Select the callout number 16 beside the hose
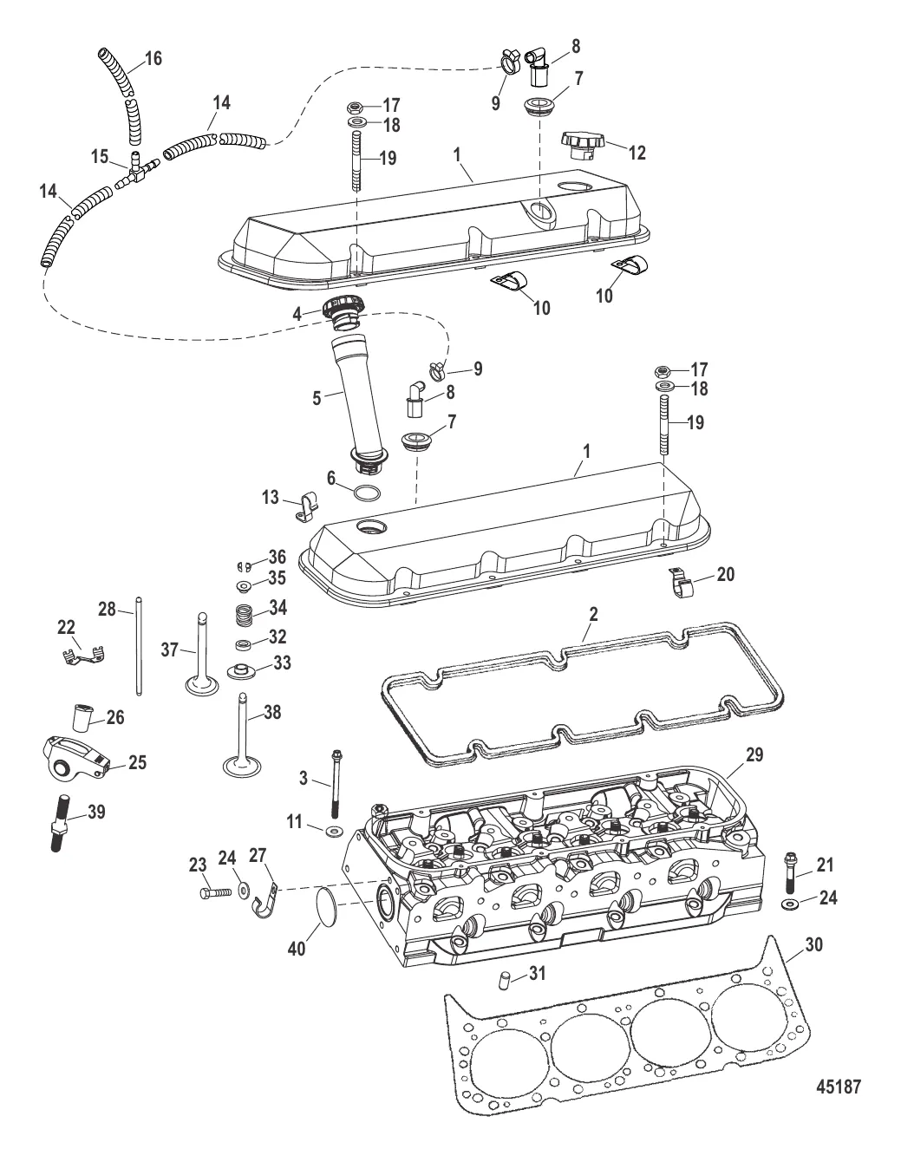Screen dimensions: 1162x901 click(153, 59)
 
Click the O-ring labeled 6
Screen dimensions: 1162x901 click(367, 494)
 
